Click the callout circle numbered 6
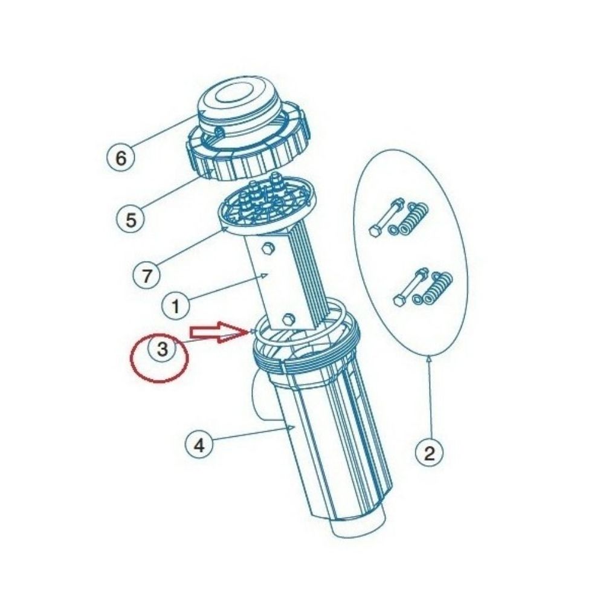pyautogui.click(x=121, y=158)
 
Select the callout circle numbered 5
pyautogui.click(x=131, y=219)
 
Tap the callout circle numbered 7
pyautogui.click(x=147, y=277)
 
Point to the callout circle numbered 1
pyautogui.click(x=176, y=306)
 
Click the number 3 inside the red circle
pyautogui.click(x=162, y=350)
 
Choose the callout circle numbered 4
pyautogui.click(x=199, y=446)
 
